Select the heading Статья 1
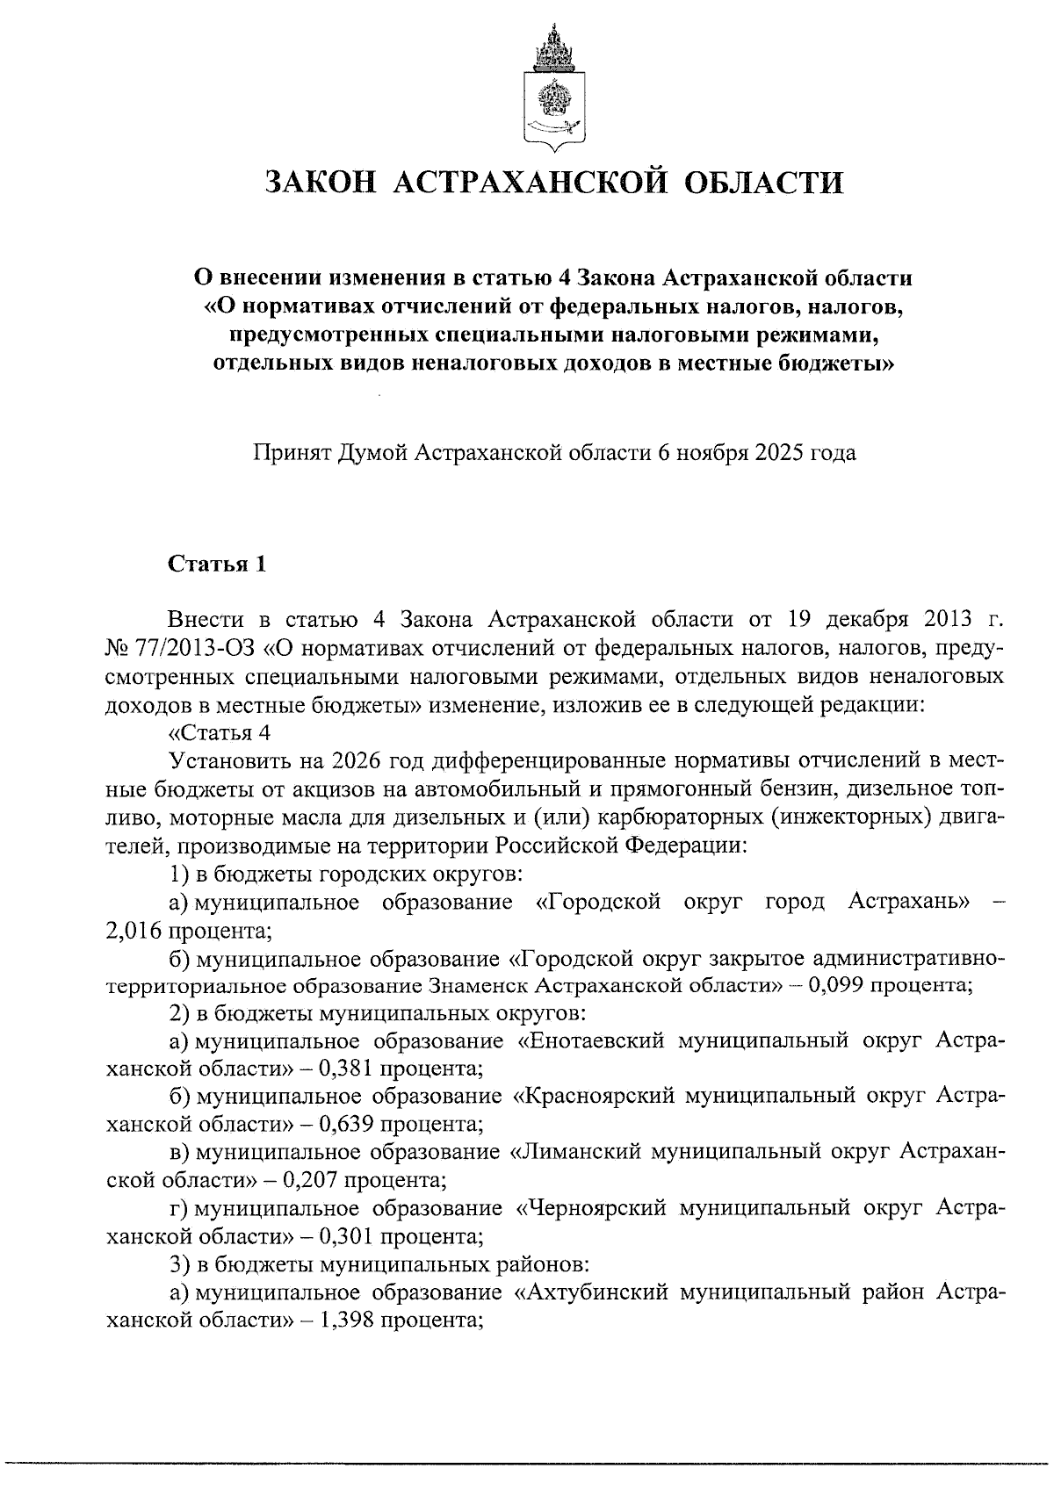(x=217, y=564)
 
